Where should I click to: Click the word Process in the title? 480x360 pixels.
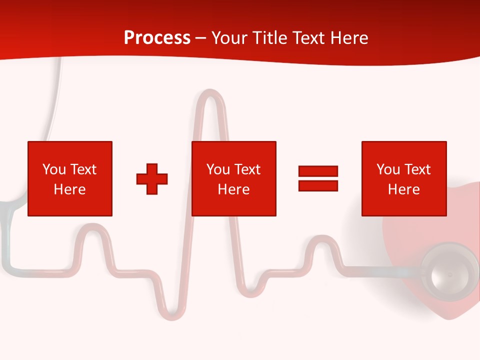click(x=157, y=38)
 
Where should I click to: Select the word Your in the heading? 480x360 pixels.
click(x=230, y=38)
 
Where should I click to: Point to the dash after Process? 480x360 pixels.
click(x=201, y=38)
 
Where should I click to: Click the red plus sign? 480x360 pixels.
click(x=152, y=179)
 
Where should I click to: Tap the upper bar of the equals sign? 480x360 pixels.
click(x=318, y=171)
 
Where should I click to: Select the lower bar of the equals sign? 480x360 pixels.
click(x=318, y=185)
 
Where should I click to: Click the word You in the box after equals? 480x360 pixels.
click(x=388, y=169)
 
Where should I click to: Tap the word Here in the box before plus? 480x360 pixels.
click(x=69, y=189)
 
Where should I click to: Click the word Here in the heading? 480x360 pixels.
click(x=347, y=38)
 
